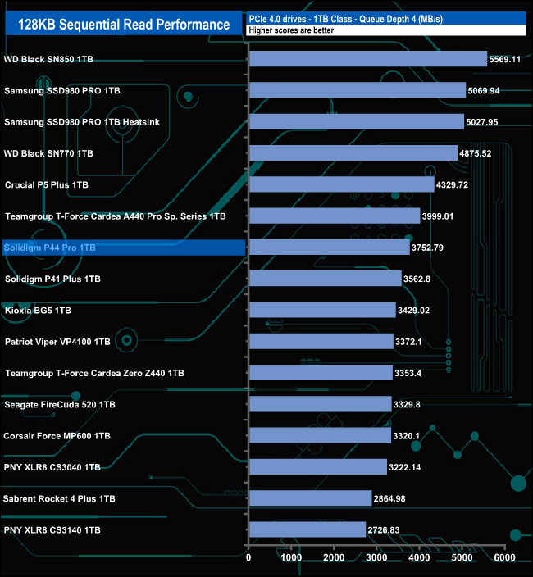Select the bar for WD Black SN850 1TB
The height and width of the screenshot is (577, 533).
click(368, 59)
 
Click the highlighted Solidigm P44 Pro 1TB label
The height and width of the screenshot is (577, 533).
click(50, 248)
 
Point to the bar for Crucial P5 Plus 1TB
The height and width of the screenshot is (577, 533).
click(341, 184)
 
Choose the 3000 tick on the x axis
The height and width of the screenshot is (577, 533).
click(376, 558)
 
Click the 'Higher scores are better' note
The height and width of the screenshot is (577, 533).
click(283, 30)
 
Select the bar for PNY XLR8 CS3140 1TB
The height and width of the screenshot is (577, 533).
click(307, 530)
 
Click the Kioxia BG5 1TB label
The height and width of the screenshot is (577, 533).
click(38, 311)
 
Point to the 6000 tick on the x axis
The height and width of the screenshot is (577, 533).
click(504, 558)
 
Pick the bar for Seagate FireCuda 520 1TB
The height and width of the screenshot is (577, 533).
click(320, 404)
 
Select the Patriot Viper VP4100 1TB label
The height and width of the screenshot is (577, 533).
click(57, 342)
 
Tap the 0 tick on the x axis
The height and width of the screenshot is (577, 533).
click(248, 558)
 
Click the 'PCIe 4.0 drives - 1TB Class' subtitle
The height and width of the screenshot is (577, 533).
click(345, 18)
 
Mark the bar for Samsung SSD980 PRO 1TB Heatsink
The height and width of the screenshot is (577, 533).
click(356, 122)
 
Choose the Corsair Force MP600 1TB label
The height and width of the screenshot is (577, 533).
click(57, 436)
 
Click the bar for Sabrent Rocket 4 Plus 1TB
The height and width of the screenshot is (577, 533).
click(310, 498)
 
